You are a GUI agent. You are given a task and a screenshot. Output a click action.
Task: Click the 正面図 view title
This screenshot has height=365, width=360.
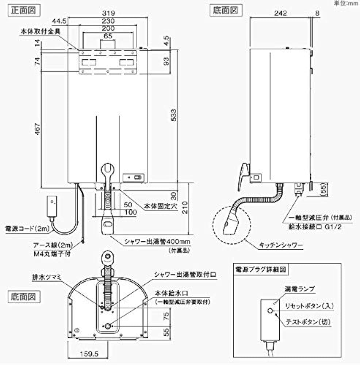click(x=23, y=10)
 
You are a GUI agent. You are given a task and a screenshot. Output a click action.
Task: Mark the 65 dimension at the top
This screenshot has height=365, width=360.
click(x=108, y=36)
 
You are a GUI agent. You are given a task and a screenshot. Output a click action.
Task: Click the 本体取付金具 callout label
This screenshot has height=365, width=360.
click(x=40, y=31)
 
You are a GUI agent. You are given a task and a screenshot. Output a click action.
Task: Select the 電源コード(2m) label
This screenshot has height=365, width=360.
click(x=26, y=228)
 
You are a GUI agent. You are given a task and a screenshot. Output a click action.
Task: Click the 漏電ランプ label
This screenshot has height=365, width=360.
click(x=299, y=288)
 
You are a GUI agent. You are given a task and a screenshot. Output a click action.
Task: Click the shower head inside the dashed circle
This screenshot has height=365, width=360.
click(x=230, y=221)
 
